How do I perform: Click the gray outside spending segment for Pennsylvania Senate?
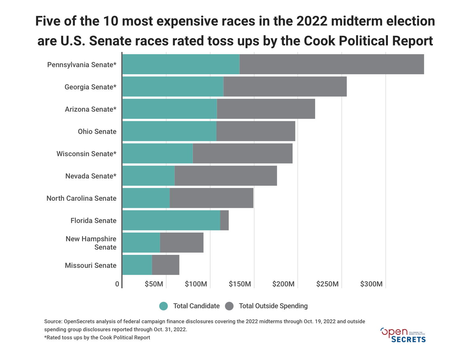332,64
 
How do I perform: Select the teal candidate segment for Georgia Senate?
173,87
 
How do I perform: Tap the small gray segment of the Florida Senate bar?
224,220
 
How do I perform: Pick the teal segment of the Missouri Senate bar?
137,265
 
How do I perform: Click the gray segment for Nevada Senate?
226,176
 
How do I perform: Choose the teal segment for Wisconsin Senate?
158,153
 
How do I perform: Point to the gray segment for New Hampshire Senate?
182,242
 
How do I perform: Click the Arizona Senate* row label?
91,109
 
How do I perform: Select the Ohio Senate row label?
97,131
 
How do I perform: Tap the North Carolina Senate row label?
81,198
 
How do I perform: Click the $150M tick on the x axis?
240,284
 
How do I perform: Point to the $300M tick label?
372,284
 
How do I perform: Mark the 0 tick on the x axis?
117,284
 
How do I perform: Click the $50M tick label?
154,284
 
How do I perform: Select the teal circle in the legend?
163,306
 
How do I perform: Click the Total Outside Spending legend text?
273,306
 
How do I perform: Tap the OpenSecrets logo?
403,335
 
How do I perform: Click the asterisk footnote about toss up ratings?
97,337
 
